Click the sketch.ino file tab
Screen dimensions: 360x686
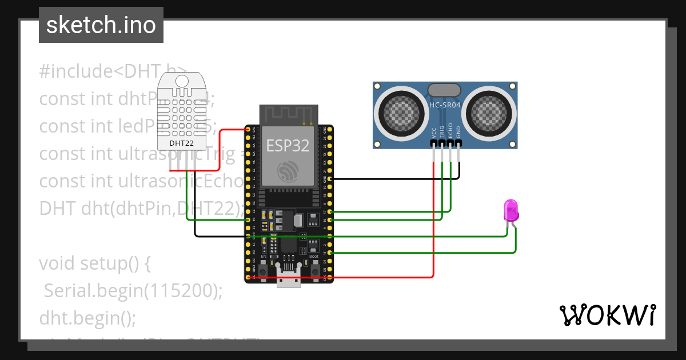[101, 26]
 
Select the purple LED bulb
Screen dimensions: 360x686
[510, 210]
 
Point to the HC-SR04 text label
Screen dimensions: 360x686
[445, 106]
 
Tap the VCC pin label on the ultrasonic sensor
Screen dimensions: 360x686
[434, 133]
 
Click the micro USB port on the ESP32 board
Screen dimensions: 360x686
[289, 282]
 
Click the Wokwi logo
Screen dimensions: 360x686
[607, 315]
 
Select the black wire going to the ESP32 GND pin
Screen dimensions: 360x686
[394, 179]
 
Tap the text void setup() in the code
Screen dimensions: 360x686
[94, 264]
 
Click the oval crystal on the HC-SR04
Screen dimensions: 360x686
[444, 89]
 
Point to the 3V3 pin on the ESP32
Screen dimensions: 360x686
[248, 130]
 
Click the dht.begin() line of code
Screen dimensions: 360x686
[87, 317]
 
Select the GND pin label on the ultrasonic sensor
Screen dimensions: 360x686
[458, 133]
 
